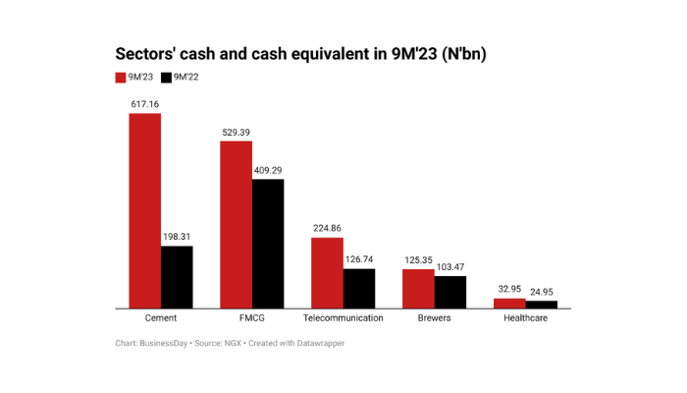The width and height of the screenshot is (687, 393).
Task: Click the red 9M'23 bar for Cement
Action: (x=144, y=210)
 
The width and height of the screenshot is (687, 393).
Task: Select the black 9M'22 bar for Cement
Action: (x=177, y=276)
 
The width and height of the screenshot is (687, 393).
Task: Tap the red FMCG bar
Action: (x=236, y=224)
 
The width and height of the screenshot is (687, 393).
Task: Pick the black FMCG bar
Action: (x=268, y=243)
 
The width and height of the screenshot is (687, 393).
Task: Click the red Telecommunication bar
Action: (x=327, y=272)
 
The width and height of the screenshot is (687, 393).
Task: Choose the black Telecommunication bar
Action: (x=359, y=288)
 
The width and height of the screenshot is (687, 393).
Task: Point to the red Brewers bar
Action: (x=418, y=288)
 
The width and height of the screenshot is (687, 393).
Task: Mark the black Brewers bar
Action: (x=450, y=292)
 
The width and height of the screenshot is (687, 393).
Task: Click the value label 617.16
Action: (x=144, y=103)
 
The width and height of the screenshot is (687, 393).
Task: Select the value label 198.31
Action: (x=177, y=236)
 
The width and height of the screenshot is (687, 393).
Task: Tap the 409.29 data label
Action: (x=268, y=169)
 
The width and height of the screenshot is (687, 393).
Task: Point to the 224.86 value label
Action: (x=327, y=228)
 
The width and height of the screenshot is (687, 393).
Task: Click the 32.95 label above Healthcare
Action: (x=509, y=289)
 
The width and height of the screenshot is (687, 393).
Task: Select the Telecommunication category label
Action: (x=343, y=319)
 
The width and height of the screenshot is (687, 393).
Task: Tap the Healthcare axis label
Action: (x=525, y=319)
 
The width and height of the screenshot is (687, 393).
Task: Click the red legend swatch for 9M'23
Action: (x=121, y=77)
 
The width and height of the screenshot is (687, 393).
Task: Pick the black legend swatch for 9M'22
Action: (x=166, y=77)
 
